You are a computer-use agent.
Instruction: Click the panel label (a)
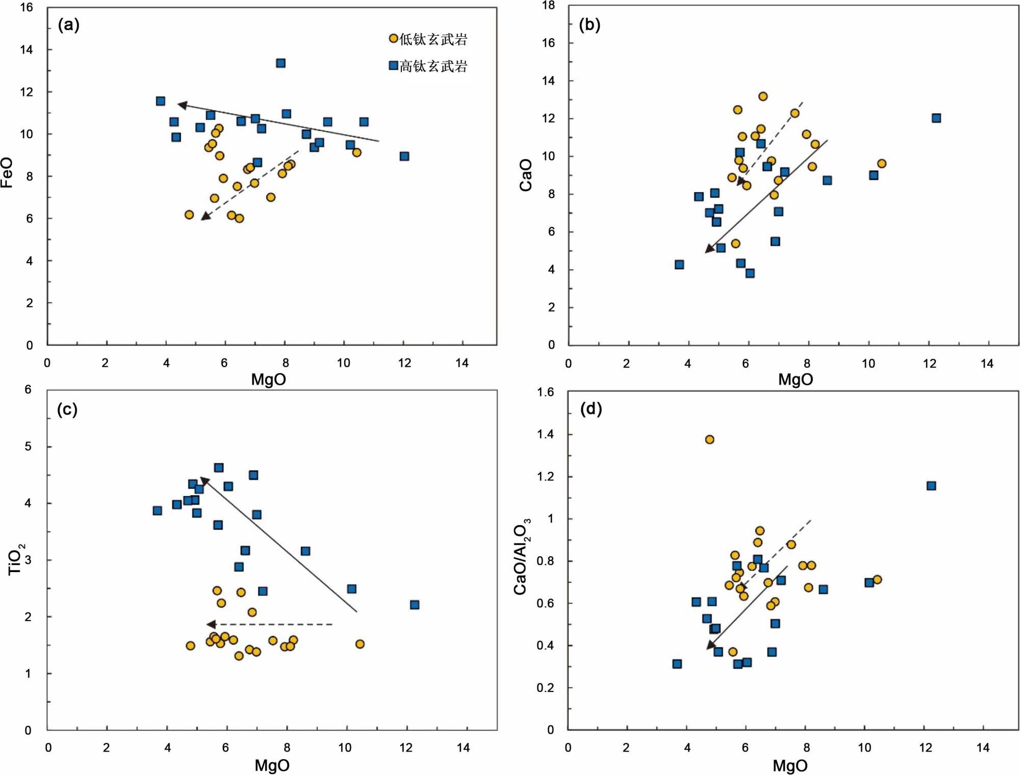[68, 24]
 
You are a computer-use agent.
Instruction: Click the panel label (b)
[590, 24]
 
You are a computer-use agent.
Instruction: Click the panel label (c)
[67, 409]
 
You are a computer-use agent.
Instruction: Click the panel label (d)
[591, 408]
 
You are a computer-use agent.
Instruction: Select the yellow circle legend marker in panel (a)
[393, 38]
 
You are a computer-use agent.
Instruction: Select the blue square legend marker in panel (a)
[393, 65]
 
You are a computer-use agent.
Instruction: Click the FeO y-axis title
[7, 172]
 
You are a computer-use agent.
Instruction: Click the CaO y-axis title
[526, 175]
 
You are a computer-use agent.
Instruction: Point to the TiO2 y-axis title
[15, 559]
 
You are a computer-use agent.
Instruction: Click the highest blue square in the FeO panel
[280, 63]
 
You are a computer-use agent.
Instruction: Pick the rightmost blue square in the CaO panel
[936, 118]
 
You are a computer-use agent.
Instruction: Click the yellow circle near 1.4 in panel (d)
[709, 440]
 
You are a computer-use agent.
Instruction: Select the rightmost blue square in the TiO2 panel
[415, 605]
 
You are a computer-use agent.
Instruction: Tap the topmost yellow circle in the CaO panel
[763, 96]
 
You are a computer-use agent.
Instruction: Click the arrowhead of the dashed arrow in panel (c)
[210, 624]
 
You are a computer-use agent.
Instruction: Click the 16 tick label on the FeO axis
[27, 8]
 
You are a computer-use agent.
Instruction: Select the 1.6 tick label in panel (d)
[545, 392]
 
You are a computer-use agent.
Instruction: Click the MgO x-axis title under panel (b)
[795, 379]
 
